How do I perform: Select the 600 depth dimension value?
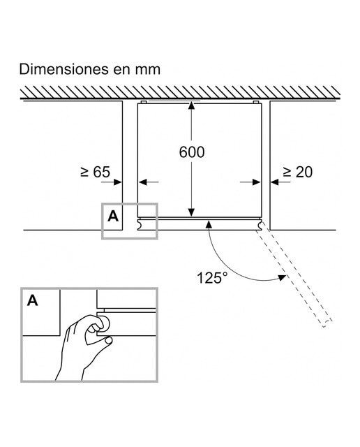pos(192,152)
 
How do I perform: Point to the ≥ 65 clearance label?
pos(95,172)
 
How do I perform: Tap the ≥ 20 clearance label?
pos(297,172)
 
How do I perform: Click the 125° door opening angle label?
pos(212,277)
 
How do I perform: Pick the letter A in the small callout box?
pos(113,217)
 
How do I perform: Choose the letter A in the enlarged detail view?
pos(33,300)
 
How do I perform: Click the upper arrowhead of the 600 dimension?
pos(191,105)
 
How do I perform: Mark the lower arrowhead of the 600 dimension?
pos(191,212)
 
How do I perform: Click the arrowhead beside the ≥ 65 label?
pos(118,182)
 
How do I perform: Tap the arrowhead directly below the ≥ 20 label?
pos(275,182)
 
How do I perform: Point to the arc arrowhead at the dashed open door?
pos(282,277)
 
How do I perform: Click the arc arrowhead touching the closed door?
pos(209,224)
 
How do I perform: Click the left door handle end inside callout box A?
pos(141,225)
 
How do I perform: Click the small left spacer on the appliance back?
pos(144,102)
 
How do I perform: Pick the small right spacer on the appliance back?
pos(256,102)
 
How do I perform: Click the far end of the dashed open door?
pos(327,323)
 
